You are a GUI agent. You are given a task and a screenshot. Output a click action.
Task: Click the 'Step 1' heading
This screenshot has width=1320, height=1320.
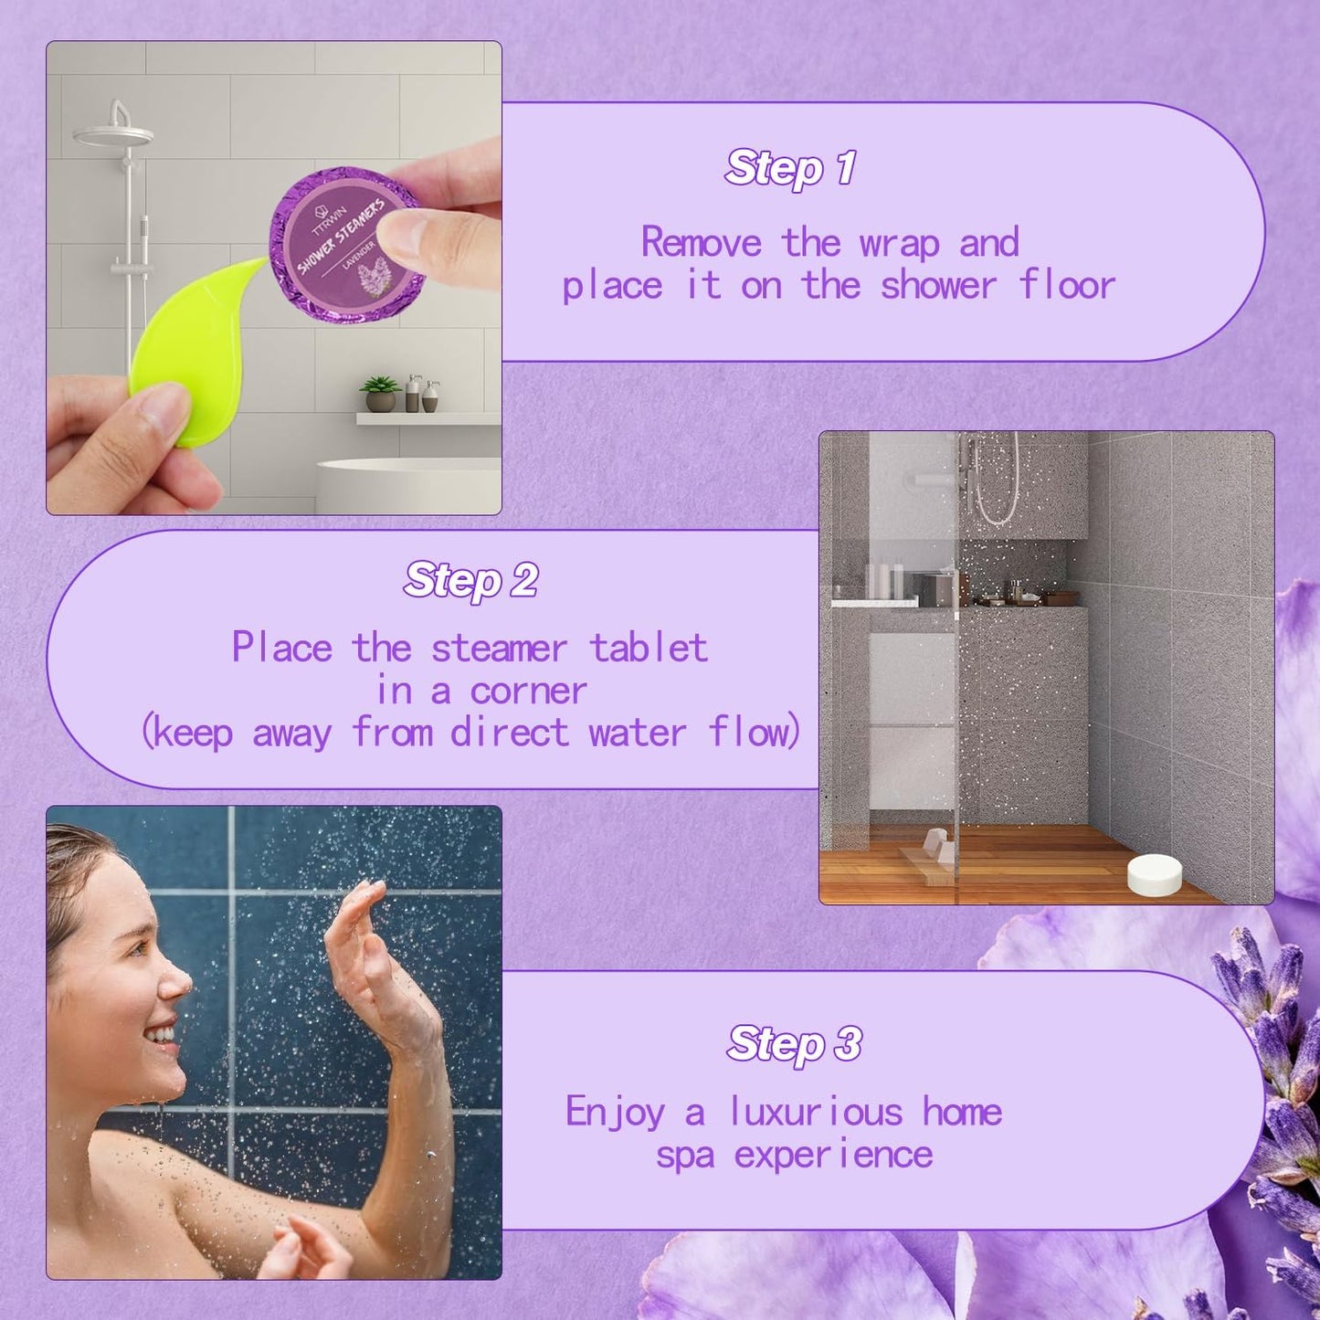(x=790, y=167)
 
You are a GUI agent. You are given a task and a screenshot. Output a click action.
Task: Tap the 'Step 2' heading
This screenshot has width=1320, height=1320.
(x=470, y=580)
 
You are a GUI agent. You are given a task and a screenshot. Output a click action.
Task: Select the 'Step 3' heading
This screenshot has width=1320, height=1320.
(x=794, y=1043)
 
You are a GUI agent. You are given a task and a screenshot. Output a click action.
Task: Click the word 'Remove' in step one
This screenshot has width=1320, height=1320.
(x=701, y=242)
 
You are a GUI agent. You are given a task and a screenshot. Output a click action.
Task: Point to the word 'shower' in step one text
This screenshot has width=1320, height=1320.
(x=937, y=285)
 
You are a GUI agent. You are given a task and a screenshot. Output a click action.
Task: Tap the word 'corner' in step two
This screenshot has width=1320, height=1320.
(x=528, y=692)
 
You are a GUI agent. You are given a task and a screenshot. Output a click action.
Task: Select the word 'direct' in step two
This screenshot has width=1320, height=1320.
(x=510, y=732)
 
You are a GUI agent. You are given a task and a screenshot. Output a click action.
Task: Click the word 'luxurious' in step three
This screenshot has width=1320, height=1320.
(x=816, y=1111)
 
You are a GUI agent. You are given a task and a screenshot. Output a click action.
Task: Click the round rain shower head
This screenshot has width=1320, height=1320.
(x=113, y=135)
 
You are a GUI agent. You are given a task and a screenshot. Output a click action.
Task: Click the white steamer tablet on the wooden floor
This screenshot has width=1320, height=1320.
(x=1155, y=874)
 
